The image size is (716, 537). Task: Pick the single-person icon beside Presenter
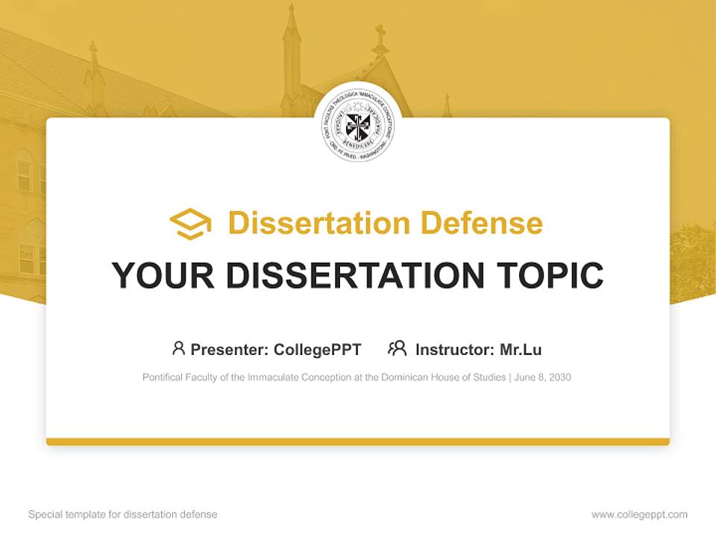click(178, 348)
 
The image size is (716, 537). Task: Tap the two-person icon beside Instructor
click(397, 348)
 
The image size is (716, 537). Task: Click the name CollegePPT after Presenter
click(318, 349)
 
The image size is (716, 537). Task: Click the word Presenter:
click(230, 349)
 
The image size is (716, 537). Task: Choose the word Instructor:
click(454, 349)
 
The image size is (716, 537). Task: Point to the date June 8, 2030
click(543, 377)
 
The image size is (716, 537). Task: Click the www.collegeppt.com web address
click(639, 515)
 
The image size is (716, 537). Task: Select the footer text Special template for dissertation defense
click(123, 515)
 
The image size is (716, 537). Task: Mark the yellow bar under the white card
click(358, 442)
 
